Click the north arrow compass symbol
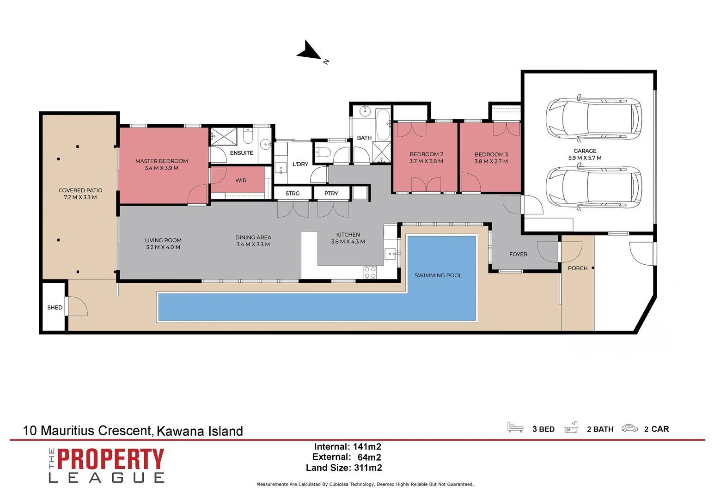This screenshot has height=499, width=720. tap(310, 51)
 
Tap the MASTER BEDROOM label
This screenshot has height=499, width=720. tap(161, 161)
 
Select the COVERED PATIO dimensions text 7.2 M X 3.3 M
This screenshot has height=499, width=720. tap(80, 197)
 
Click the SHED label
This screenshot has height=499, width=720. tap(55, 307)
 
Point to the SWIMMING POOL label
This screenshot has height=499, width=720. tap(438, 275)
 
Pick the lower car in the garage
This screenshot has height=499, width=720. tap(593, 187)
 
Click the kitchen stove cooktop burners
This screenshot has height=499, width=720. tap(370, 272)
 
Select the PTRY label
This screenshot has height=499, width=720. tap(331, 194)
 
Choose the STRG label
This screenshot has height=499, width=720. tap(292, 194)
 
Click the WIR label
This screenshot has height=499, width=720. tap(241, 181)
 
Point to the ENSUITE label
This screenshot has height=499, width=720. tap(241, 153)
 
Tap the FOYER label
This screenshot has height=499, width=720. tap(518, 254)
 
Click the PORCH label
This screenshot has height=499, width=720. tap(577, 268)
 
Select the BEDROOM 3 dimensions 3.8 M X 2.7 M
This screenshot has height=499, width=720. tap(491, 162)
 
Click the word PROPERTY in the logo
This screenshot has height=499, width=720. tap(110, 459)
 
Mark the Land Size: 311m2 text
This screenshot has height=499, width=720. tap(344, 468)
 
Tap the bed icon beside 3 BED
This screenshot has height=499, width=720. tap(515, 427)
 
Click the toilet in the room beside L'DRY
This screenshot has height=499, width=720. tap(323, 152)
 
